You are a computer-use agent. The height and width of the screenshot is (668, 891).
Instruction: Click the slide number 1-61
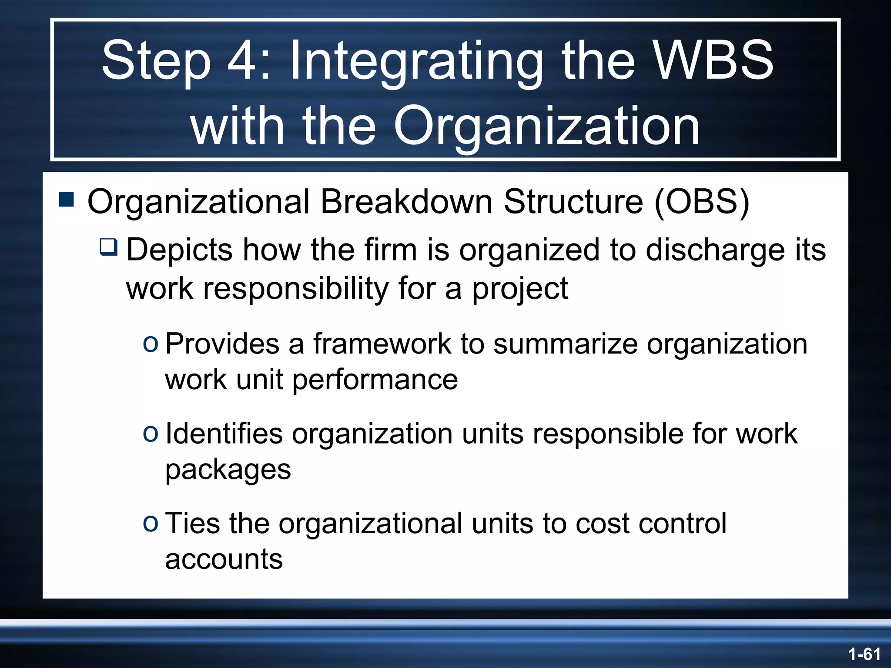pyautogui.click(x=864, y=654)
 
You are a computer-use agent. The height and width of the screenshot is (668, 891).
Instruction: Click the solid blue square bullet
pyautogui.click(x=67, y=200)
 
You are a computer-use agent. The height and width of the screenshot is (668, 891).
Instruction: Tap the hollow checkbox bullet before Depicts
pyautogui.click(x=108, y=247)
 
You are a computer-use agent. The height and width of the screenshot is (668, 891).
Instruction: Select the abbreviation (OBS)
pyautogui.click(x=702, y=202)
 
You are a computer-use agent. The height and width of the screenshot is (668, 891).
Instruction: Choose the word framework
pyautogui.click(x=382, y=344)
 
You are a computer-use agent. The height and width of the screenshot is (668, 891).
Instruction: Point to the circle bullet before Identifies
pyautogui.click(x=151, y=434)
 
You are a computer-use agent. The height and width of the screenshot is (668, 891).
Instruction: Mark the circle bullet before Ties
pyautogui.click(x=151, y=524)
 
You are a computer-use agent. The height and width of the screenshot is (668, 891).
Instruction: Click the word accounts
pyautogui.click(x=224, y=559)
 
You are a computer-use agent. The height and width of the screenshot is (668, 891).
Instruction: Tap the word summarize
pyautogui.click(x=565, y=344)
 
